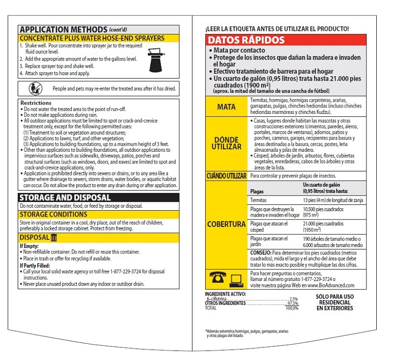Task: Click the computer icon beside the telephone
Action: coord(236,279)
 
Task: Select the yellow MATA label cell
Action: coord(226,106)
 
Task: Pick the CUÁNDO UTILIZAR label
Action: coord(226,175)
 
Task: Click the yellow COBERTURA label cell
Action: coord(226,224)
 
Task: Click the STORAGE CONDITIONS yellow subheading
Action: coord(54,214)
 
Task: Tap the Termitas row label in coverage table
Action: coord(259,200)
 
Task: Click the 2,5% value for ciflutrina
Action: coord(293,299)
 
